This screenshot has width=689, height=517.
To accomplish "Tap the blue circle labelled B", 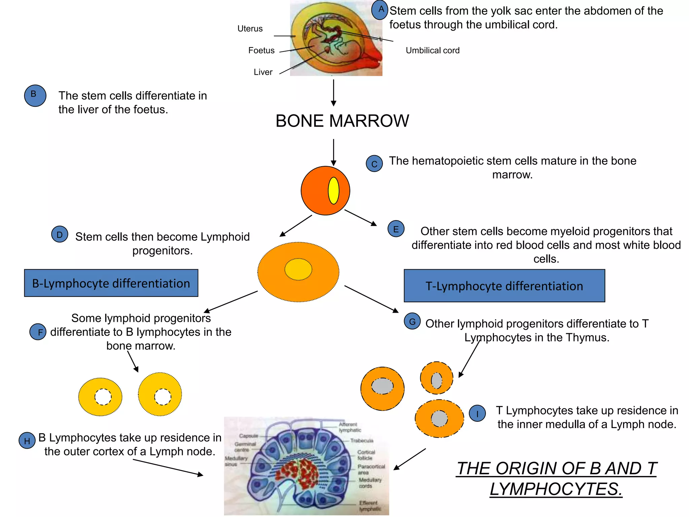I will click(35, 96).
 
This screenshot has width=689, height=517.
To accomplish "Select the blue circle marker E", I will click(396, 229).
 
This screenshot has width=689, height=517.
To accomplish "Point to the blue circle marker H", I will click(27, 441).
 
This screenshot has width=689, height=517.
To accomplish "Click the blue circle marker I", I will click(477, 413).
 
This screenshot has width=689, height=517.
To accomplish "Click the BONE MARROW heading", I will click(342, 121).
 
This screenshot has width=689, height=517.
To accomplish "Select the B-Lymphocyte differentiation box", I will click(111, 283).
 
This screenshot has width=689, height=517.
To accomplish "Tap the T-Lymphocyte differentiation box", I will click(504, 286).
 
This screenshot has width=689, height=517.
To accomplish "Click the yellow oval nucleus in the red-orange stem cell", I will click(333, 191).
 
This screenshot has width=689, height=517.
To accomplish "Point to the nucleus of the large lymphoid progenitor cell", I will click(298, 269).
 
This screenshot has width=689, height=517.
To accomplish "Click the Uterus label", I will click(250, 29).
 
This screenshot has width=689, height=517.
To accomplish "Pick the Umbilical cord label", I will click(432, 50).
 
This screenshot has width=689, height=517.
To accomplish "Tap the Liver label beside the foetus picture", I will click(263, 72).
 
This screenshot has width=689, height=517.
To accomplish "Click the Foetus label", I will click(261, 50).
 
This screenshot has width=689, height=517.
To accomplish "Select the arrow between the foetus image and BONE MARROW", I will click(333, 93).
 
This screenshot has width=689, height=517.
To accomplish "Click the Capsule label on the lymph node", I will click(248, 436).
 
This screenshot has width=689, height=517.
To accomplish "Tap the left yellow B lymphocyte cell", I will click(100, 397).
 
